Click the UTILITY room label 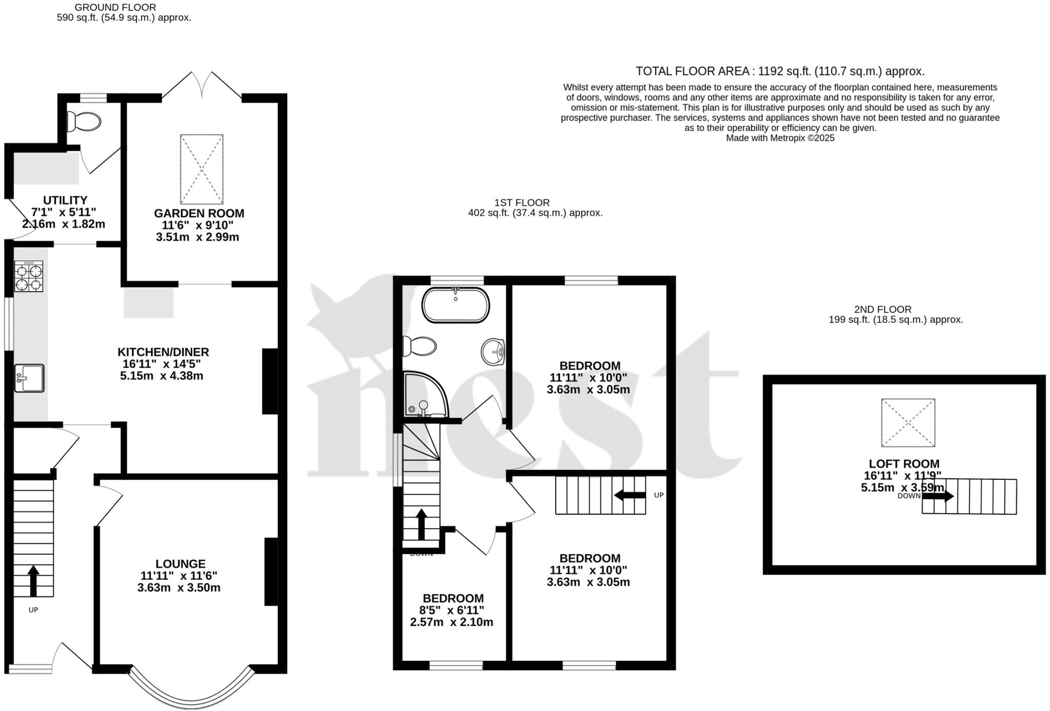pyautogui.click(x=65, y=200)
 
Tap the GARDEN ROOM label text pyautogui.click(x=199, y=213)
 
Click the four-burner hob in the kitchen pyautogui.click(x=29, y=277)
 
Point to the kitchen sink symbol pyautogui.click(x=29, y=378)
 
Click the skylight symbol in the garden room pyautogui.click(x=201, y=169)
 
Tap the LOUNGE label pyautogui.click(x=180, y=564)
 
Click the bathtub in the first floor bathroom pyautogui.click(x=455, y=305)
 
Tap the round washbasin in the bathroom pyautogui.click(x=493, y=352)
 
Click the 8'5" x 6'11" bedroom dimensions pyautogui.click(x=452, y=611)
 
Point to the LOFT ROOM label pyautogui.click(x=904, y=464)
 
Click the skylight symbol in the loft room pyautogui.click(x=908, y=422)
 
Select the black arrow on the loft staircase pyautogui.click(x=938, y=496)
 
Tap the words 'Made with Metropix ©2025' pyautogui.click(x=780, y=138)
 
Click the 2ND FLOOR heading pyautogui.click(x=882, y=310)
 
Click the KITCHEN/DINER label pyautogui.click(x=163, y=352)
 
